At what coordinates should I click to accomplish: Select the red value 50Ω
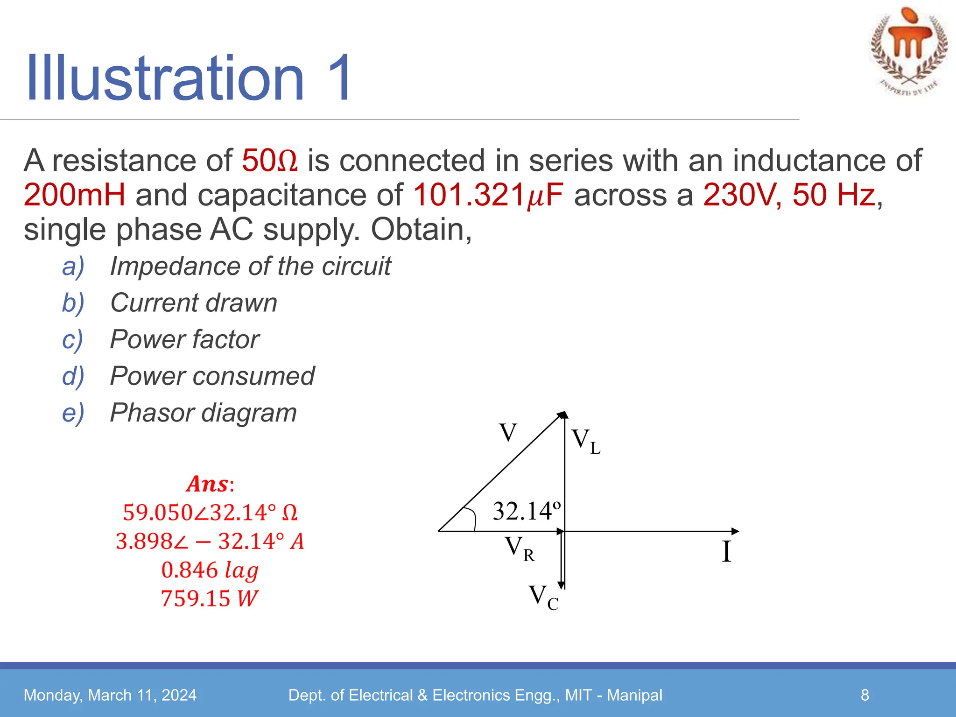tap(270, 161)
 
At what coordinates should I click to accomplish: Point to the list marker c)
tap(73, 339)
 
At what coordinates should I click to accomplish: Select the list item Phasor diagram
tap(204, 413)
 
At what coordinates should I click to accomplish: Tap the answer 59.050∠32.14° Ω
tap(210, 513)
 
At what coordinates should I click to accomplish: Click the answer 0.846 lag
tap(210, 570)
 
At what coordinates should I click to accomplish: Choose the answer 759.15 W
tap(210, 598)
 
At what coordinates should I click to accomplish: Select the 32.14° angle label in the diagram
tap(527, 511)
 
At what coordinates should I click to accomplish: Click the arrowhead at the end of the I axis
tap(735, 531)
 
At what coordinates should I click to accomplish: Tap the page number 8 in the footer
tap(865, 695)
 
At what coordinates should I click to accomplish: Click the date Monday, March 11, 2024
tap(110, 695)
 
